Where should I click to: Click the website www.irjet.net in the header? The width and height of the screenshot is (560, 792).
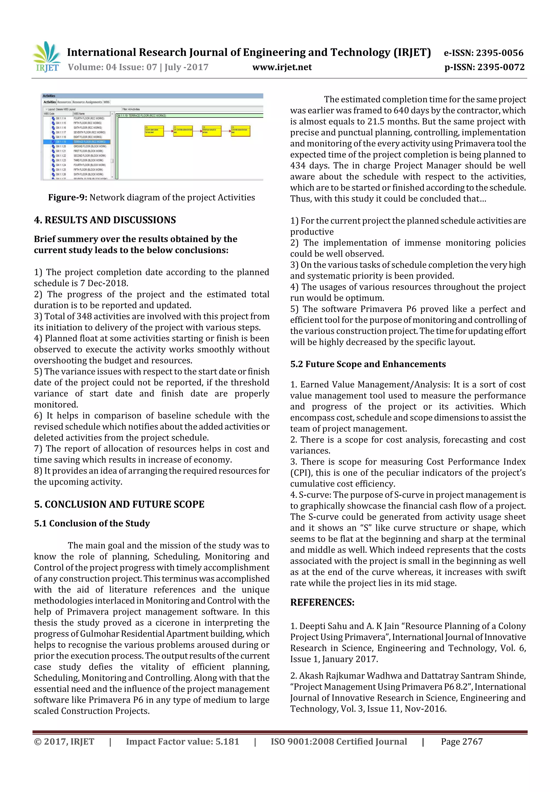(x=282, y=67)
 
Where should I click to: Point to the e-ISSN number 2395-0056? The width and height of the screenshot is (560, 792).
(x=499, y=53)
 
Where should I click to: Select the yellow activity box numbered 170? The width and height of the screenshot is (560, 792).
(x=154, y=131)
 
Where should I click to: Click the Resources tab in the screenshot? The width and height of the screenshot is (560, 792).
(x=64, y=102)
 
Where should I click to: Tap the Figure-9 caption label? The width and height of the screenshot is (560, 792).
(x=67, y=198)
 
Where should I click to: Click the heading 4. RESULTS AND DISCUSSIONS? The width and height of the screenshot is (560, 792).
(x=105, y=220)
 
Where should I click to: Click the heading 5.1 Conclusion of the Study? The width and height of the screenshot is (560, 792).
(x=92, y=524)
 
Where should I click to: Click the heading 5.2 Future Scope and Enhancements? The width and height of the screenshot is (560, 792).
(x=368, y=364)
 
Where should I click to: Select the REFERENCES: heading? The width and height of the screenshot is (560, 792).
(x=322, y=602)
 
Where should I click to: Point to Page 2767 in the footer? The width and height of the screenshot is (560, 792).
(x=462, y=742)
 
